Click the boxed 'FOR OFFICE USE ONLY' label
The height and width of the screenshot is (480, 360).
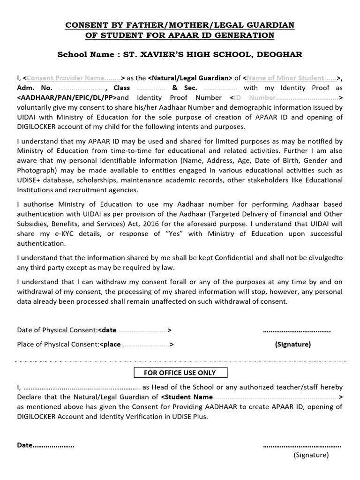[181, 373]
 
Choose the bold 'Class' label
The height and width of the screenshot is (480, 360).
[122, 88]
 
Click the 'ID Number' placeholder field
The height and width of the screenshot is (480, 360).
[286, 97]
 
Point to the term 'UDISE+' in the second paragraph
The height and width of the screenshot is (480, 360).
[30, 180]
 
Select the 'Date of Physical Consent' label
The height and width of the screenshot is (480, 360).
[56, 330]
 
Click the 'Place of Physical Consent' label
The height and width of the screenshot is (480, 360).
[58, 345]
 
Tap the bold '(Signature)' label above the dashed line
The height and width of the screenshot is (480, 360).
[292, 344]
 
